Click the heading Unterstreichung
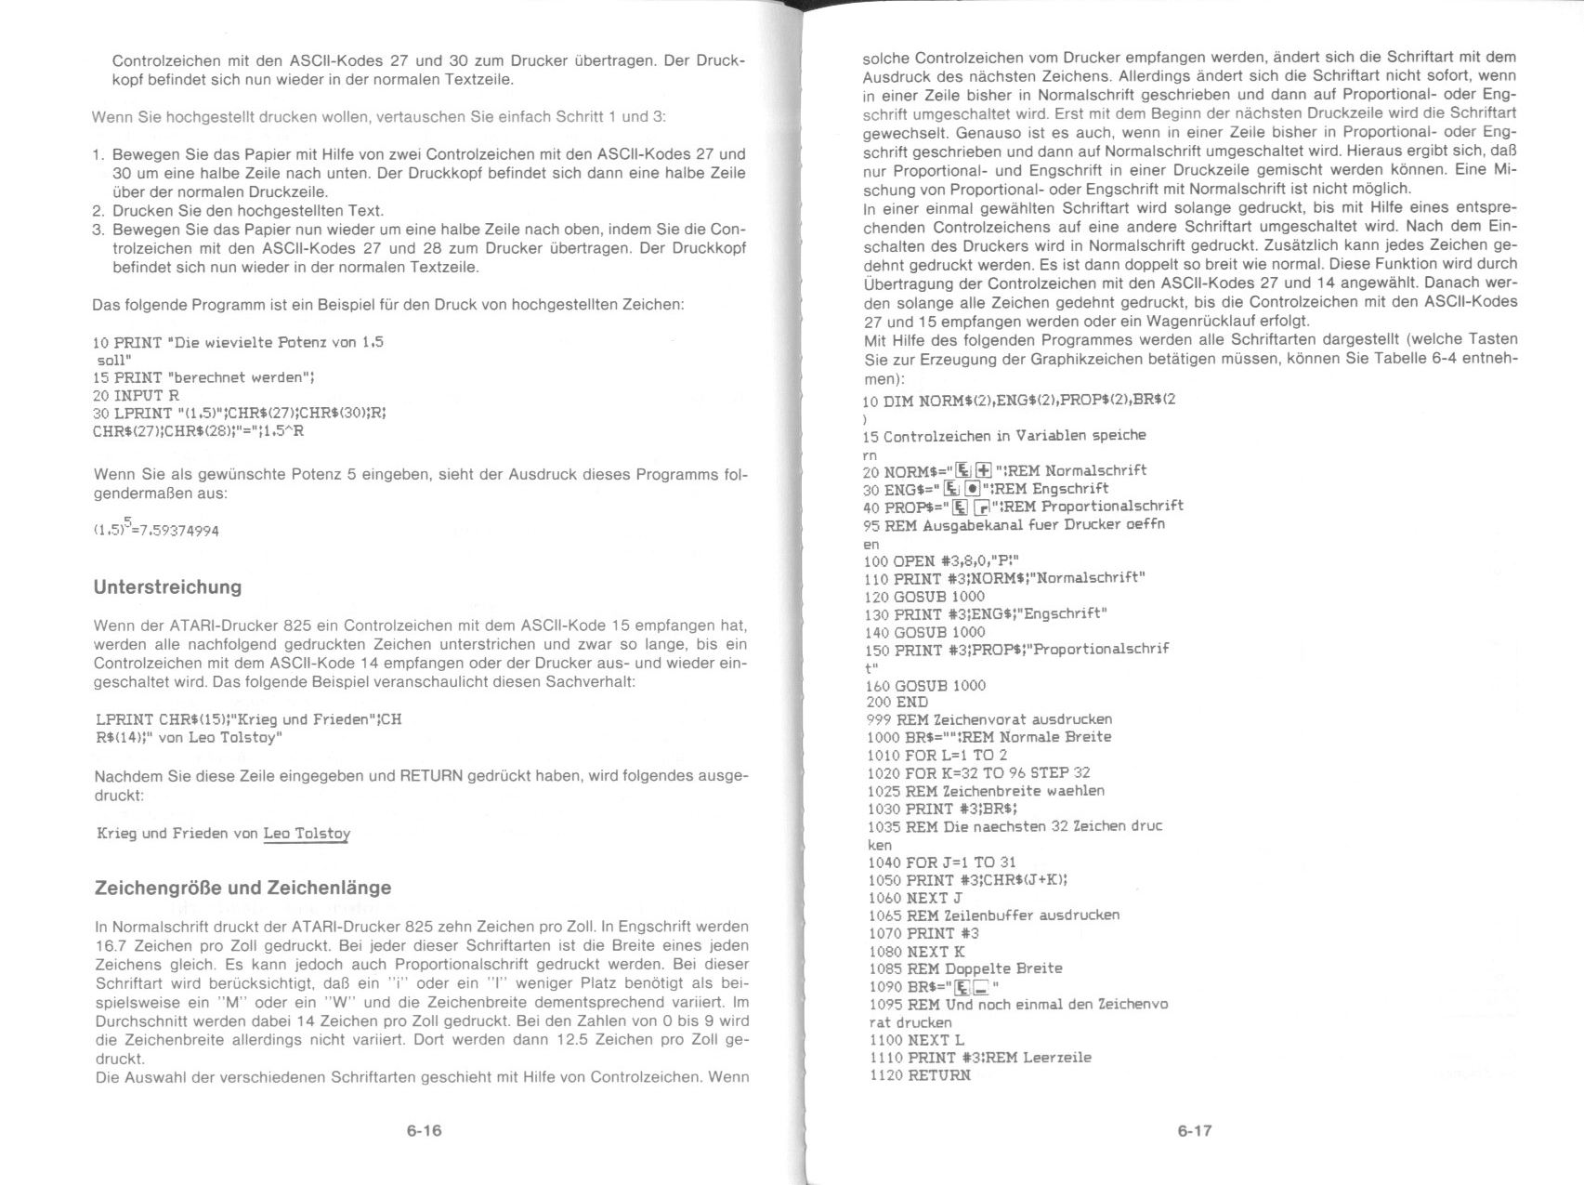167,587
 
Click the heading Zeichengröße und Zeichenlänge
242,888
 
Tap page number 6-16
424,1131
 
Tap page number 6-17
1195,1131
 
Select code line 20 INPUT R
136,396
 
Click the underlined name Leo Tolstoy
307,834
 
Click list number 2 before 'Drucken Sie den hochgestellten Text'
98,211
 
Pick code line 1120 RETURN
920,1075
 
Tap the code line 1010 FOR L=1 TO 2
936,755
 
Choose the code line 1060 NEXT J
914,898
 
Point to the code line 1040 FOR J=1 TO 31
941,862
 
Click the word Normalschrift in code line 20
1095,471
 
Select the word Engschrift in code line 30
1070,489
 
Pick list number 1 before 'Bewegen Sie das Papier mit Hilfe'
98,154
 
